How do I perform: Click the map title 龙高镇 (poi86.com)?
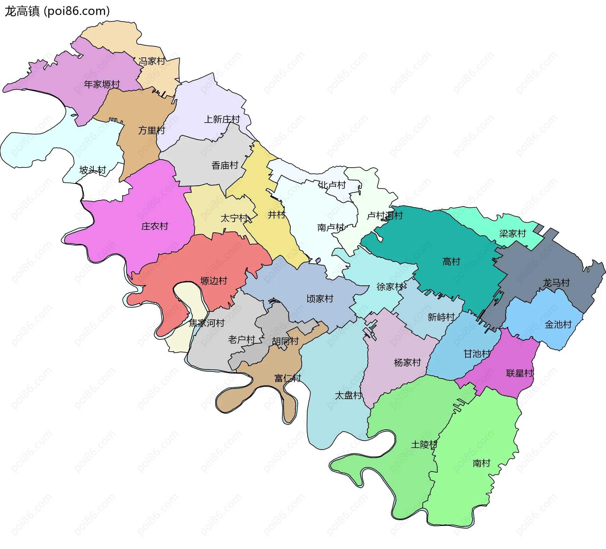(x=57, y=11)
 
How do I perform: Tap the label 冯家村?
(x=152, y=61)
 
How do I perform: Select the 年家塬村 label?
(x=102, y=84)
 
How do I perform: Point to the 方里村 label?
(x=151, y=130)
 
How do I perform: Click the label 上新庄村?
(x=222, y=119)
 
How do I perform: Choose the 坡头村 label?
(x=92, y=170)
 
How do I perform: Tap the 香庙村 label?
(x=225, y=165)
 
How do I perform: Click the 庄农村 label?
(x=155, y=226)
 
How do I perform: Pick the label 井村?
(x=276, y=215)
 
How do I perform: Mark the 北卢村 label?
(x=332, y=185)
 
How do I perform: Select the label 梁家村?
(x=513, y=234)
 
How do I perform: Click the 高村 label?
(x=451, y=261)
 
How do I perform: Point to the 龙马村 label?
(x=556, y=283)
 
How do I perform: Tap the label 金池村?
(x=558, y=325)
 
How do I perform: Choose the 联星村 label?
(x=520, y=373)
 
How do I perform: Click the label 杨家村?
(x=407, y=362)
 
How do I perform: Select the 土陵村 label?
(x=424, y=445)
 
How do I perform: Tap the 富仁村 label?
(x=288, y=378)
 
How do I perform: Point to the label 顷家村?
(x=320, y=299)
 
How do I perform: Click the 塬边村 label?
(x=214, y=281)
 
